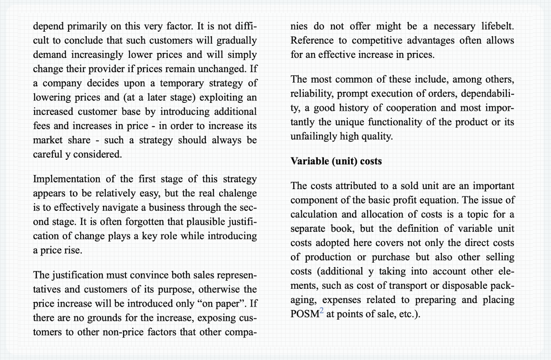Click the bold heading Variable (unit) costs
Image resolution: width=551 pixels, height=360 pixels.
pyautogui.click(x=336, y=161)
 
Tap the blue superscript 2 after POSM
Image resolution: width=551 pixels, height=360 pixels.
pyautogui.click(x=321, y=311)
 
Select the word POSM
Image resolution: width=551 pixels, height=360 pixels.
pyautogui.click(x=304, y=314)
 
